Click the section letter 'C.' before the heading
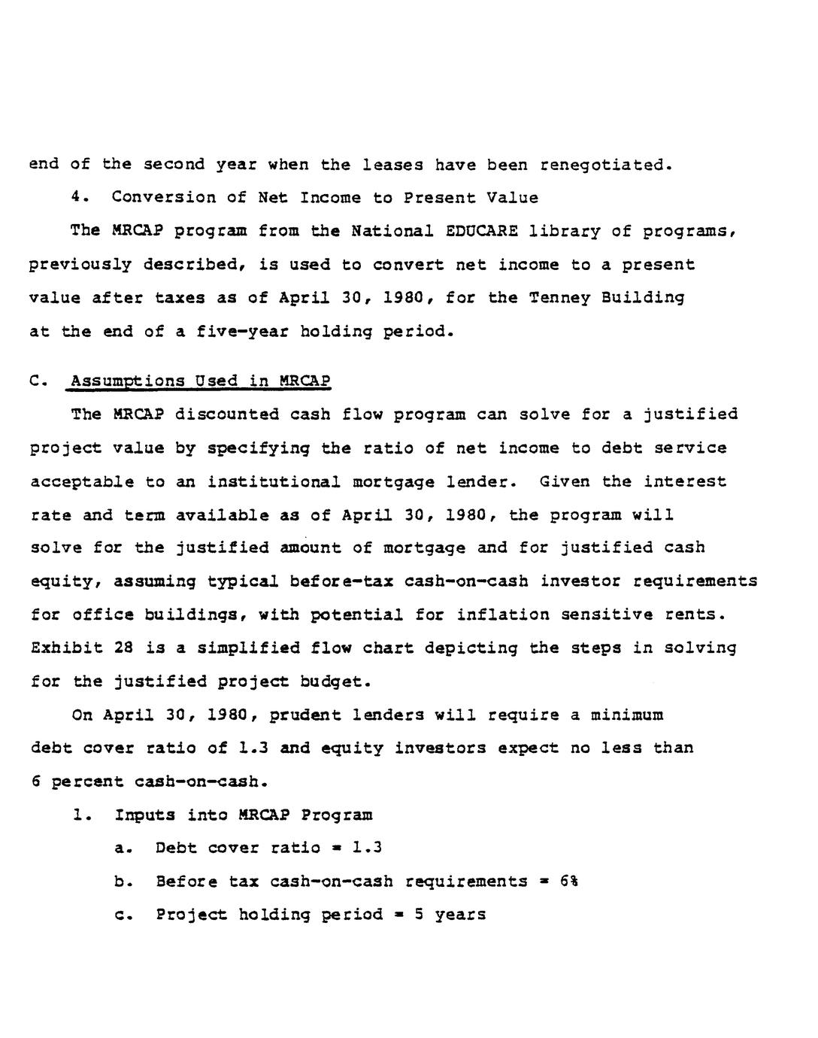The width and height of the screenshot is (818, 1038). (x=39, y=381)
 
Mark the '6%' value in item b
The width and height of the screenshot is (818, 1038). (x=568, y=882)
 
